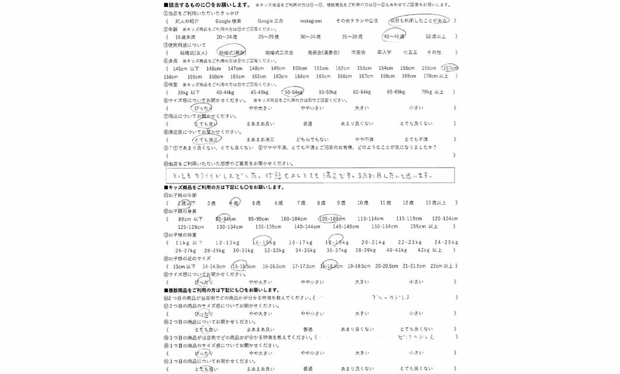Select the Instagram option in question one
click(x=311, y=21)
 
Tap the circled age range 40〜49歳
click(x=394, y=37)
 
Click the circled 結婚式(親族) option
click(x=232, y=53)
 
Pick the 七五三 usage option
click(x=410, y=53)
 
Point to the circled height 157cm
click(x=450, y=68)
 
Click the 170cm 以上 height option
click(x=436, y=77)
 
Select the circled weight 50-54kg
click(x=293, y=92)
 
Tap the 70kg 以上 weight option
click(x=432, y=92)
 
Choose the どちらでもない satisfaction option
click(x=312, y=140)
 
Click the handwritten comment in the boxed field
click(x=310, y=175)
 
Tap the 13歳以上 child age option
click(x=436, y=203)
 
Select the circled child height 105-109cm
click(x=332, y=219)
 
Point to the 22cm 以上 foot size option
click(x=442, y=266)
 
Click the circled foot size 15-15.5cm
click(x=243, y=266)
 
